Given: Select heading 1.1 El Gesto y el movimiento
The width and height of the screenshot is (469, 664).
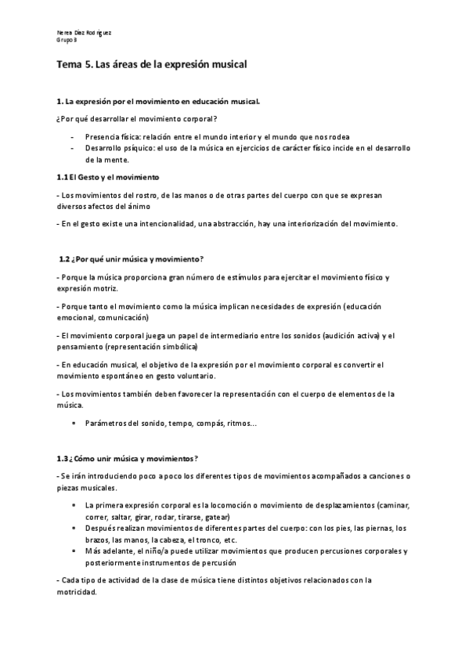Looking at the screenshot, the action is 108,177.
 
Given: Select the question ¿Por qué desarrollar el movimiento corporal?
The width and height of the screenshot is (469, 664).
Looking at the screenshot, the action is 132,118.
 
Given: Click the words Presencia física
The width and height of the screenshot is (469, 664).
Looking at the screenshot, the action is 111,135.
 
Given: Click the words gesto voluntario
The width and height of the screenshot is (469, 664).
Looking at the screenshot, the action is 165,375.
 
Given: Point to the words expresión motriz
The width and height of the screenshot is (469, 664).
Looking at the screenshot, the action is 87,288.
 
